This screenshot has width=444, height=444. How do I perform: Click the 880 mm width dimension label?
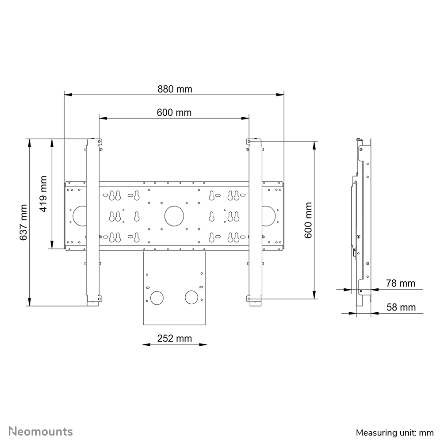pyautogui.click(x=175, y=89)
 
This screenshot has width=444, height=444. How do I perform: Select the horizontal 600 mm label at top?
pyautogui.click(x=174, y=112)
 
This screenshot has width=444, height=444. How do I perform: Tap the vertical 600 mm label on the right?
pyautogui.click(x=308, y=220)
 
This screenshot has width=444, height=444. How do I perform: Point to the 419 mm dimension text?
pyautogui.click(x=43, y=194)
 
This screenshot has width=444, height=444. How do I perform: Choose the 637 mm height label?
pyautogui.click(x=23, y=222)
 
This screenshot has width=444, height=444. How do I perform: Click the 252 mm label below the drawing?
pyautogui.click(x=174, y=338)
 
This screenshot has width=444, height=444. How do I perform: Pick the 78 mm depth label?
pyautogui.click(x=401, y=283)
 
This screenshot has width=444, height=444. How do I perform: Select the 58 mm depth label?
pyautogui.click(x=401, y=307)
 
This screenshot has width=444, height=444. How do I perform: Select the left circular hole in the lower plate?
pyautogui.click(x=157, y=297)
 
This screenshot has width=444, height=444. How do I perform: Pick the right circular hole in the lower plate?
pyautogui.click(x=192, y=297)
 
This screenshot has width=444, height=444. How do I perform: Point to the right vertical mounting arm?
pyautogui.click(x=255, y=221)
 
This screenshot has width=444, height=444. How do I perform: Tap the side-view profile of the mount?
pyautogui.click(x=363, y=221)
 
